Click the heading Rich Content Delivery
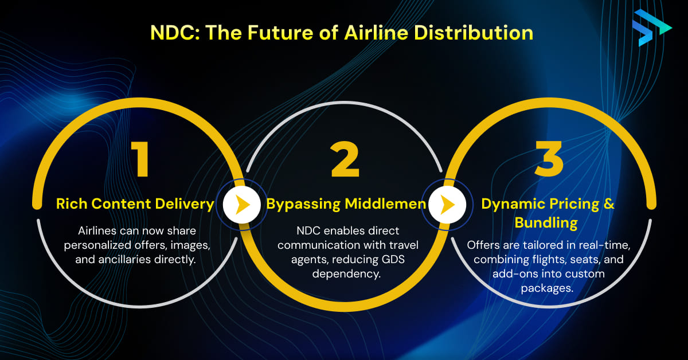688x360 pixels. [x=135, y=204]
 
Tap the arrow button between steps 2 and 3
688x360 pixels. [x=445, y=205]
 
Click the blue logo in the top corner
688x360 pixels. [x=651, y=26]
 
